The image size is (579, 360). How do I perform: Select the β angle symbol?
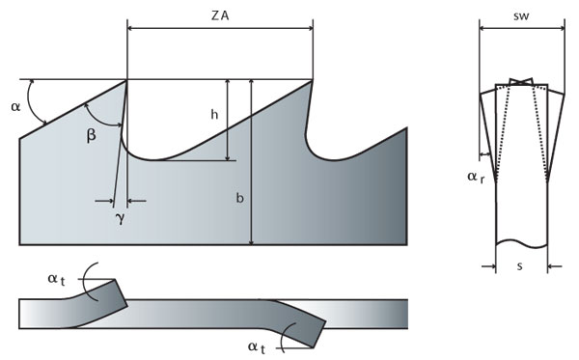click(x=92, y=136)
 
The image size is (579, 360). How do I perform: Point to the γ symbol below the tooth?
click(x=120, y=219)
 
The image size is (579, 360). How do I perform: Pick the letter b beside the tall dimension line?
click(x=239, y=199)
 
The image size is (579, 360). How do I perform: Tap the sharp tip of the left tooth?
click(x=127, y=80)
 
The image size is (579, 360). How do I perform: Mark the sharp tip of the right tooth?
click(x=313, y=80)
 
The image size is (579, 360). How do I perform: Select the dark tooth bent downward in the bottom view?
click(x=307, y=331)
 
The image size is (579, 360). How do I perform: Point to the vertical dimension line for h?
click(x=228, y=120)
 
